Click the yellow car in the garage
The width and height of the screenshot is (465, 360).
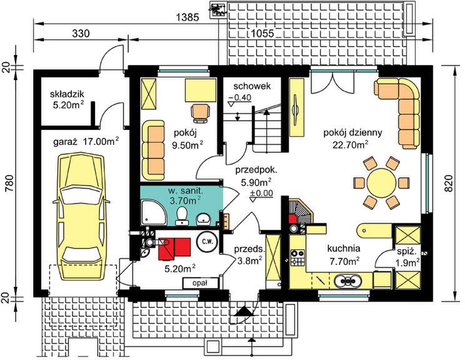coord(81,216)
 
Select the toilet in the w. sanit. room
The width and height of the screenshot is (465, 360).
coord(181,216)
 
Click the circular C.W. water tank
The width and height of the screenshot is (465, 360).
coord(207,241)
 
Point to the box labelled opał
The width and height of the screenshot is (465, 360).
coord(200,283)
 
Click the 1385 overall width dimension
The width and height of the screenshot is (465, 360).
coord(187,17)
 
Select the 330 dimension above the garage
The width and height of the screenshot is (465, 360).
coord(81,34)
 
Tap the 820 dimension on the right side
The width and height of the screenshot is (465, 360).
coord(449,183)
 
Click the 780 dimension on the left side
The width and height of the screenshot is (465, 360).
coord(9,183)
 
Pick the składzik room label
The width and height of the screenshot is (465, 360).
coord(67,94)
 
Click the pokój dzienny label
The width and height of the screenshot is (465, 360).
coord(352,132)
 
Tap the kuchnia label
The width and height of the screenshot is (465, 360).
coord(344,249)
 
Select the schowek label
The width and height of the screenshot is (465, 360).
coord(252,86)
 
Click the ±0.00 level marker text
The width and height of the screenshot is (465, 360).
coord(261,193)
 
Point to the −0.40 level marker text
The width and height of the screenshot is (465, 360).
coord(239,97)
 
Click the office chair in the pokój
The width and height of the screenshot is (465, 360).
coord(201,112)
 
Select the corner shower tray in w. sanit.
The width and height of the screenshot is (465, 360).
coord(154,212)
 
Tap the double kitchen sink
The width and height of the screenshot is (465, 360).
coord(348,281)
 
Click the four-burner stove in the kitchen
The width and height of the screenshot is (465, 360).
coord(297,257)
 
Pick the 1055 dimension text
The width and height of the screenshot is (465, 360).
coord(262,34)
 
